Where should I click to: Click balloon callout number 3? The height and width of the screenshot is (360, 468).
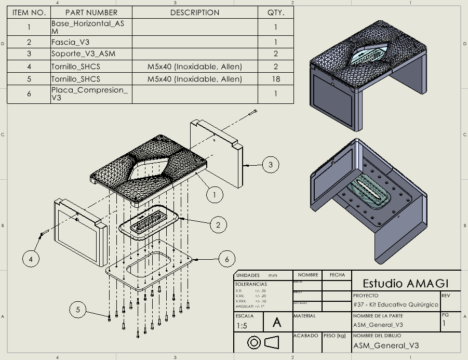coord(270,165)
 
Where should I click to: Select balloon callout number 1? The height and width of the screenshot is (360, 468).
coord(215,195)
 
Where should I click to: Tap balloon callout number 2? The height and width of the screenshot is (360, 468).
coord(219,224)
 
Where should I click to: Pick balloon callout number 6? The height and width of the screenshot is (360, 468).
coord(227,258)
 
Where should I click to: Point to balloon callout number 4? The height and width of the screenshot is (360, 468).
coord(32,258)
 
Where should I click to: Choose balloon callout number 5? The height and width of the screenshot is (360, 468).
coord(78,310)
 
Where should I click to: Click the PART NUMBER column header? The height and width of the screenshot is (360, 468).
coord(91,12)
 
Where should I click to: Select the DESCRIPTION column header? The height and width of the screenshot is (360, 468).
coord(195,12)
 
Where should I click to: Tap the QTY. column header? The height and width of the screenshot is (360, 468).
coord(276,12)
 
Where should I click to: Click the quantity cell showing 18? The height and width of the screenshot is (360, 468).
coord(276,79)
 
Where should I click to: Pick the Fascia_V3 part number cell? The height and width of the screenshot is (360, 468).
coord(71,42)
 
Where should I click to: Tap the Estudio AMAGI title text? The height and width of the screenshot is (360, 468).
coord(405,283)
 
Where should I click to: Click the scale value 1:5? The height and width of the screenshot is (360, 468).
coord(242,326)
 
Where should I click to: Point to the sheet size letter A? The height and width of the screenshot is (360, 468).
coord(277,323)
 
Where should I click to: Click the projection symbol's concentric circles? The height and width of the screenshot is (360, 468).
coord(254,342)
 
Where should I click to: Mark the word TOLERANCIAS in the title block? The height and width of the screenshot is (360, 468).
coord(251,284)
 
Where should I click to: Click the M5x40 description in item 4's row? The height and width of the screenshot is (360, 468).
coord(195,66)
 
